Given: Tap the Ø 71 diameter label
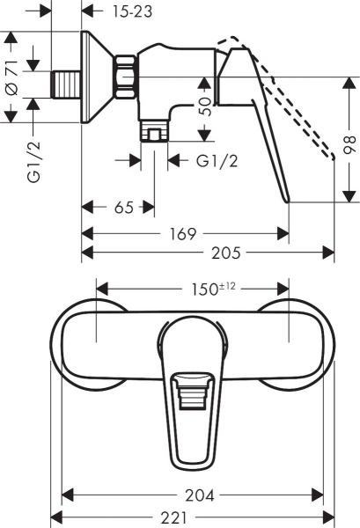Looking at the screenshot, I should [12, 79].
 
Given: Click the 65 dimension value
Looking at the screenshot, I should [124, 208].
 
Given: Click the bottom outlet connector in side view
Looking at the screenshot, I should [156, 133].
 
